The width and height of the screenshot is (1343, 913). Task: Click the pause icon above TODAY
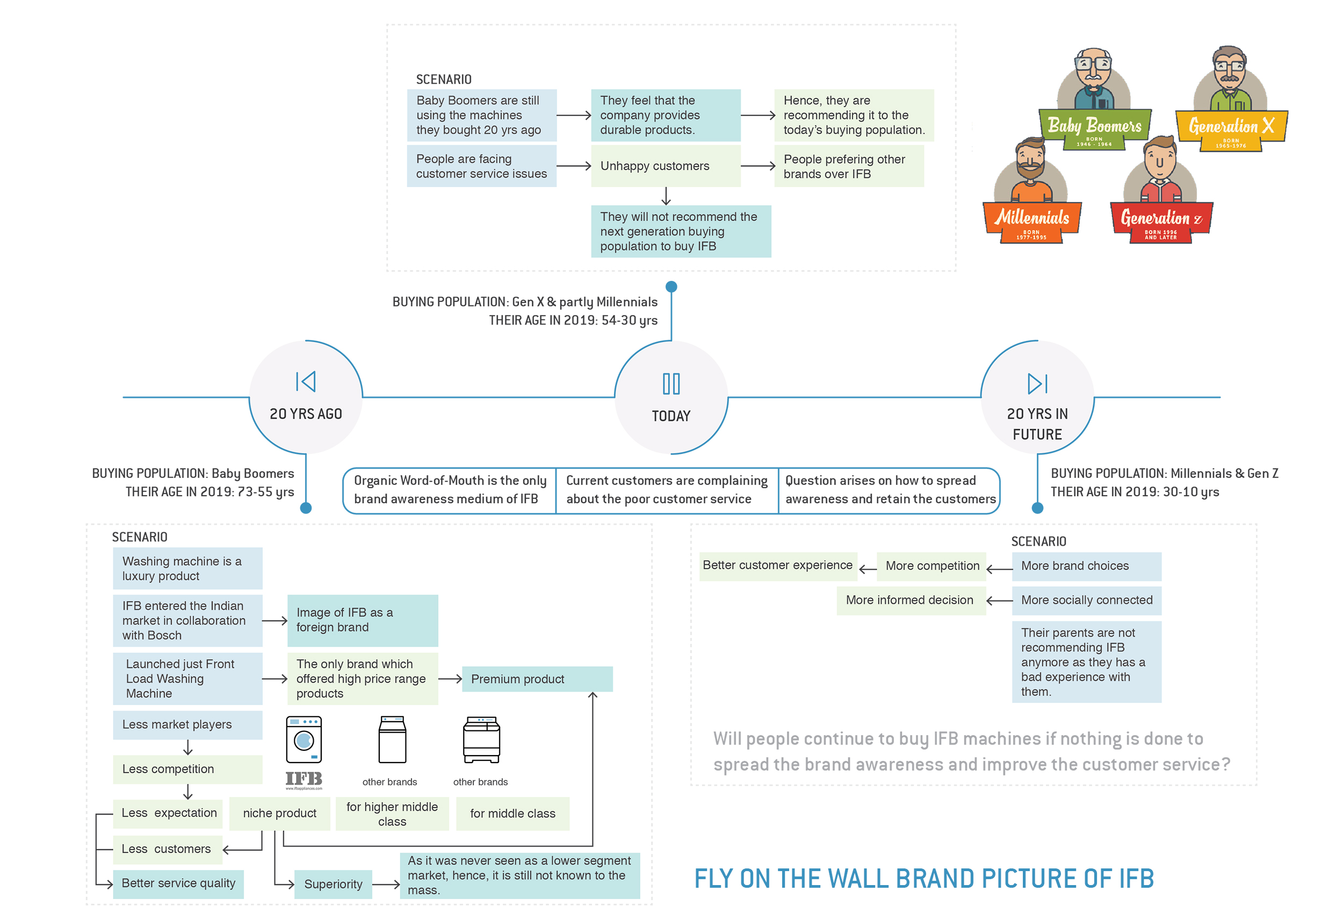click(x=671, y=383)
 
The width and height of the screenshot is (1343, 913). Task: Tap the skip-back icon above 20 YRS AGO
click(x=306, y=381)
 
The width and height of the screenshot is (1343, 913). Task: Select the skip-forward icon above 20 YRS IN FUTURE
click(x=1037, y=383)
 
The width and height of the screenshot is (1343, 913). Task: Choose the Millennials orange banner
click(x=1032, y=222)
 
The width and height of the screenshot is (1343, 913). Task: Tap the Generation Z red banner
click(x=1161, y=222)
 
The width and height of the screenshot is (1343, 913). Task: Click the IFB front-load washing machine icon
click(x=304, y=740)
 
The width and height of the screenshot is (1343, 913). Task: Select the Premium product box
click(x=537, y=679)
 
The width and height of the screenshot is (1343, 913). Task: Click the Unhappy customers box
click(x=666, y=166)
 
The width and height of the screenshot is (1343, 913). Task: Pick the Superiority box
click(x=334, y=884)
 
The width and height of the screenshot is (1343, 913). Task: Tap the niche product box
click(x=280, y=814)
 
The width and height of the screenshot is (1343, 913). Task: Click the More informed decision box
click(x=911, y=600)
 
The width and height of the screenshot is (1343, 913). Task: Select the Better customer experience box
click(x=778, y=566)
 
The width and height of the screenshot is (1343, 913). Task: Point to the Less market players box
click(x=188, y=724)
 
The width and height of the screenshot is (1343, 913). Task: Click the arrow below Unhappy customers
click(x=666, y=196)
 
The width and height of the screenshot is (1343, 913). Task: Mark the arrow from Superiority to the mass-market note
click(x=386, y=884)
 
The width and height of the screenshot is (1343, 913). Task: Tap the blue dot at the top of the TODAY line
click(x=671, y=287)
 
